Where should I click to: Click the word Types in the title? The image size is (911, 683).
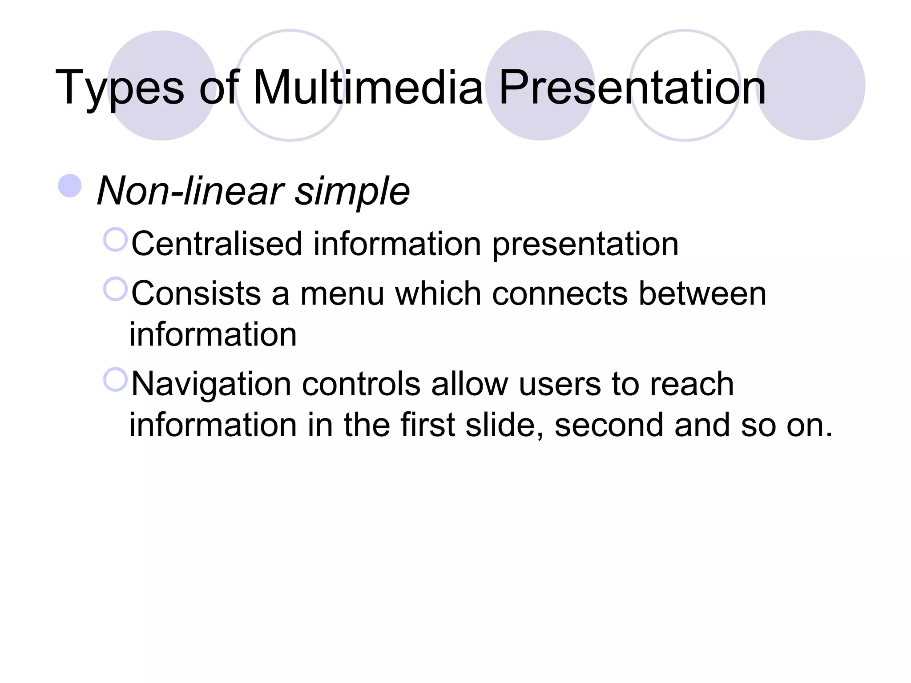(x=119, y=88)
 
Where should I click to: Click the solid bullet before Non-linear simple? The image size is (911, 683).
(x=70, y=186)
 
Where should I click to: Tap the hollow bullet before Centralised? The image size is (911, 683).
(x=115, y=240)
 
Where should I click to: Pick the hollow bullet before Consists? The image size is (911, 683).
(x=115, y=289)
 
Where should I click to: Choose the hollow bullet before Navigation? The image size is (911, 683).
(x=115, y=379)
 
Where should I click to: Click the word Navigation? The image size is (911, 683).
(x=211, y=385)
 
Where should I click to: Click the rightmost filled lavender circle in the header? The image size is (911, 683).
(x=810, y=85)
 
